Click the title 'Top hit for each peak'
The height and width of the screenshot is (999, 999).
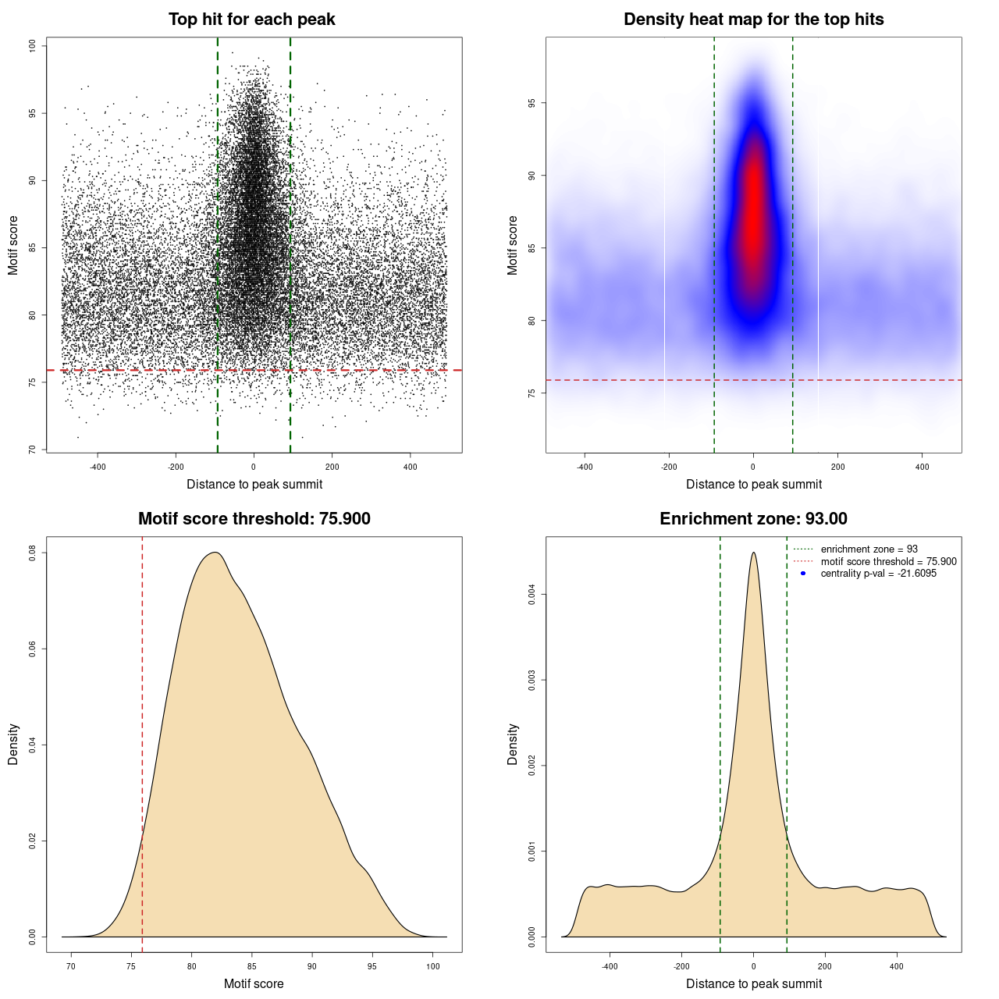click(x=251, y=20)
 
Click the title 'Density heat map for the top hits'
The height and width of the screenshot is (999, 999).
click(x=753, y=20)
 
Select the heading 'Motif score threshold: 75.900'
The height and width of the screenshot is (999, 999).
click(x=254, y=519)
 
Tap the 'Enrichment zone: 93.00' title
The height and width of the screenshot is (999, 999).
click(x=753, y=519)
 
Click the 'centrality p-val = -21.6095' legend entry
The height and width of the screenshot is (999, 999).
click(x=878, y=574)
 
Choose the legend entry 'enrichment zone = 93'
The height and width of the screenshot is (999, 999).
click(x=869, y=549)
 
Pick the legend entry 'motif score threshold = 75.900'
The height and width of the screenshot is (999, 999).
click(x=888, y=562)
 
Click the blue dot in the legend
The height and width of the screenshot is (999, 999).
click(x=803, y=574)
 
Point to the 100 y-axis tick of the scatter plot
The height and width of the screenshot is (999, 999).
click(x=33, y=46)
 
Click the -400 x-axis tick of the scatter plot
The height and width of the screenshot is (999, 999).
click(x=98, y=467)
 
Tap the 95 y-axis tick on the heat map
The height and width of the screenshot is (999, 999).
click(x=532, y=103)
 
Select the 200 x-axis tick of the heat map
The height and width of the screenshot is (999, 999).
click(x=837, y=467)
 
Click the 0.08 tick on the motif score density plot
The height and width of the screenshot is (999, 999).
click(x=33, y=553)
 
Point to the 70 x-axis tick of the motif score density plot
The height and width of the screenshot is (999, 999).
click(x=71, y=966)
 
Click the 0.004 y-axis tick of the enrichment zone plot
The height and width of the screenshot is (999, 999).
click(x=532, y=595)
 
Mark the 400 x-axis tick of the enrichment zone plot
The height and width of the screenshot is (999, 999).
click(x=897, y=966)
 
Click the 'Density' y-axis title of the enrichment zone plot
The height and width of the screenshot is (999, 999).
click(x=513, y=744)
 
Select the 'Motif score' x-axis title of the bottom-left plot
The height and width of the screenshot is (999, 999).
click(x=254, y=983)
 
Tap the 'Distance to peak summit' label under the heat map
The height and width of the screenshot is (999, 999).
click(x=753, y=484)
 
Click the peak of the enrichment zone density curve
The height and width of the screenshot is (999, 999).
click(x=753, y=553)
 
